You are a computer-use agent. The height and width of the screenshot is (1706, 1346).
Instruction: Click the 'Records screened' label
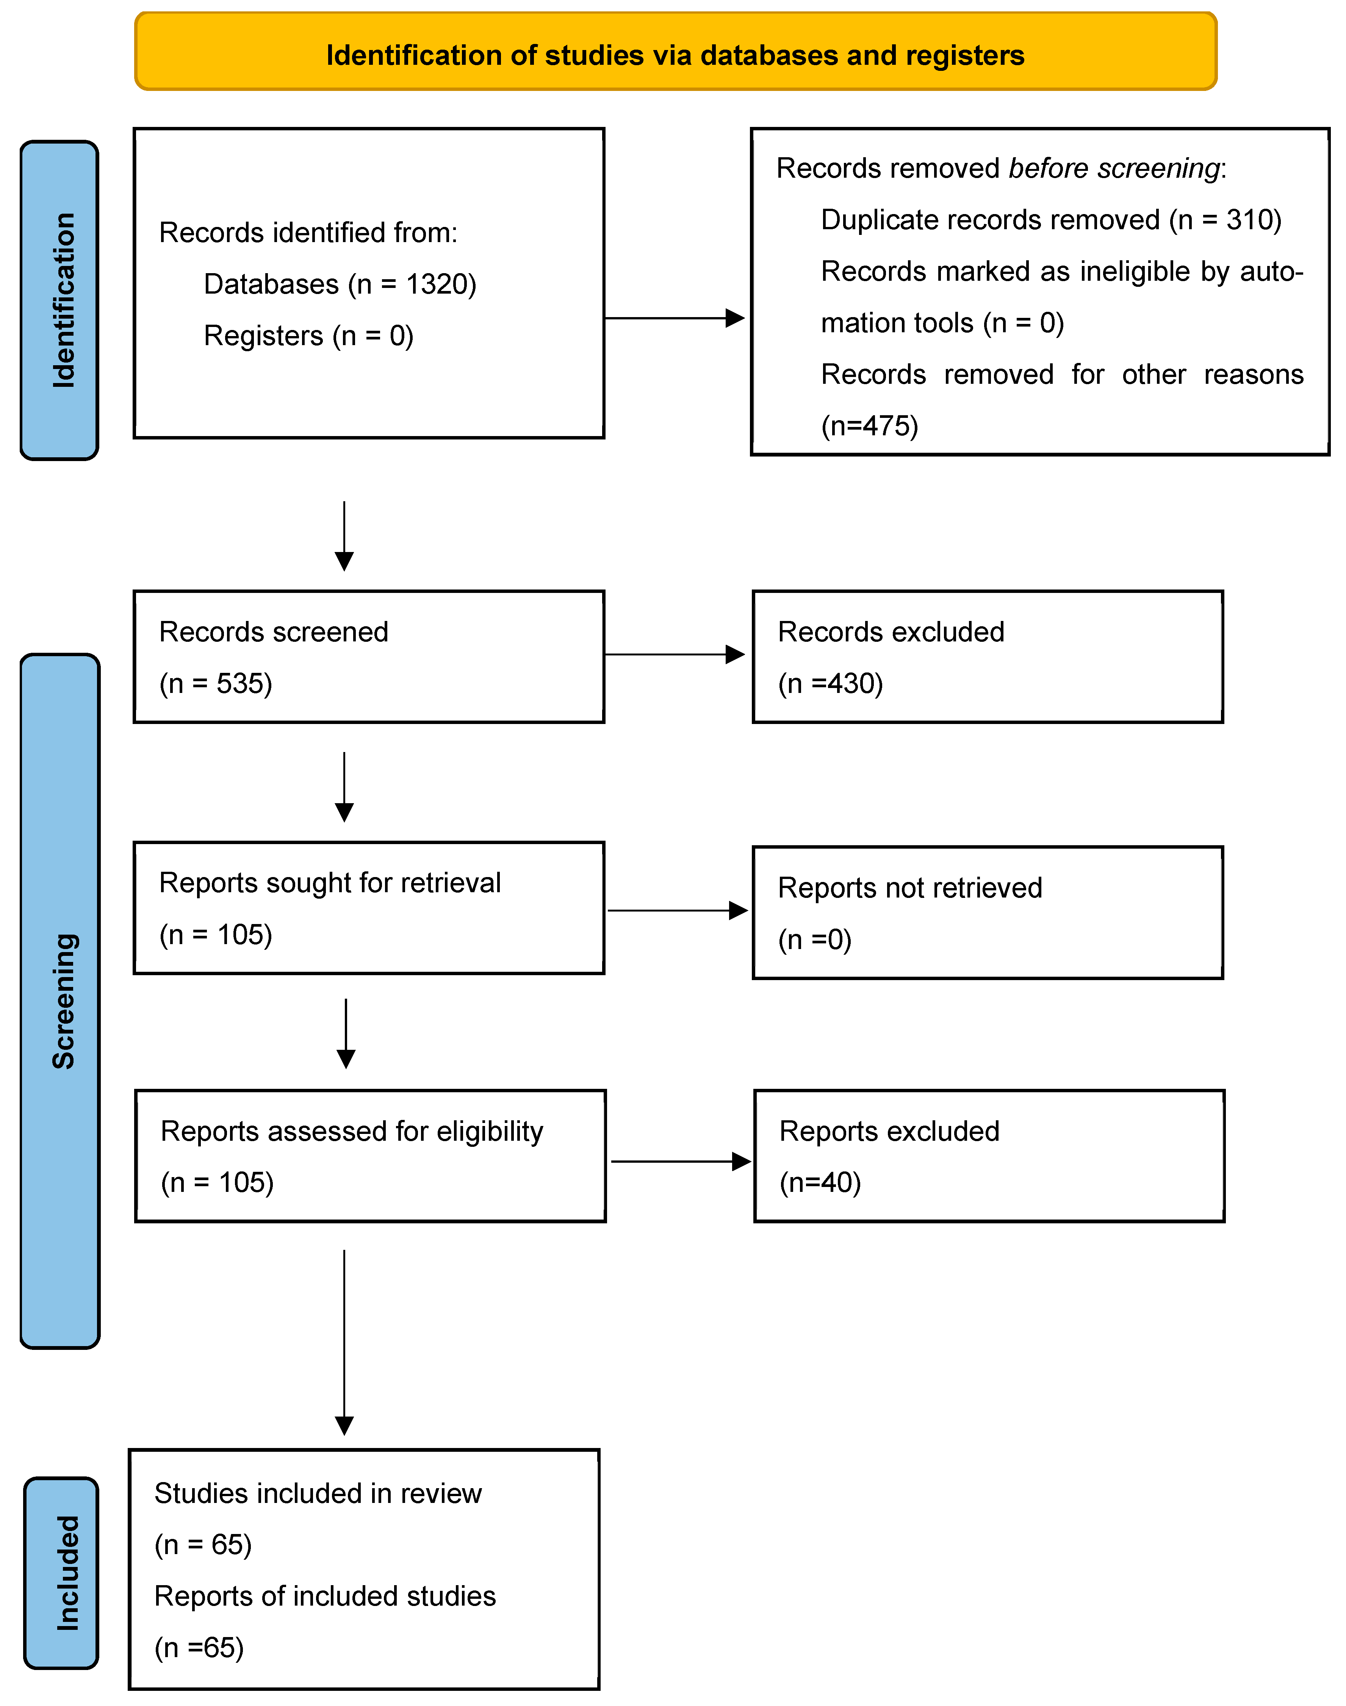pyautogui.click(x=274, y=632)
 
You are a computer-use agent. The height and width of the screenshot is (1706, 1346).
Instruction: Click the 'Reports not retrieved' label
pyautogui.click(x=909, y=888)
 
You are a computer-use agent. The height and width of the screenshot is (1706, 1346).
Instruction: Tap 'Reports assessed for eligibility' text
pyautogui.click(x=352, y=1132)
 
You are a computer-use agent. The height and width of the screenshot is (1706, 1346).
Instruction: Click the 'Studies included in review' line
pyautogui.click(x=318, y=1493)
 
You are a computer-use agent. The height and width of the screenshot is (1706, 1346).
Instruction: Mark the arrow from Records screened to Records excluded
pyautogui.click(x=675, y=654)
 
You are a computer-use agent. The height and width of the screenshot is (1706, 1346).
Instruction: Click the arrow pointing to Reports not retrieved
pyautogui.click(x=678, y=911)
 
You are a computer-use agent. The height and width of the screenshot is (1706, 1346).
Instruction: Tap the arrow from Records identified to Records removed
pyautogui.click(x=675, y=318)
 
